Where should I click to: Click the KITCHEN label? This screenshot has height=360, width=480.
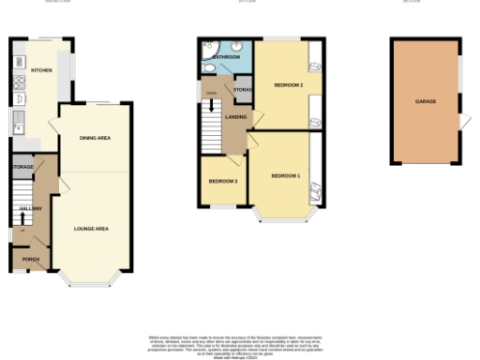click(41, 70)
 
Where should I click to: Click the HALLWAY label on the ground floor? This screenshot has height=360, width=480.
click(30, 209)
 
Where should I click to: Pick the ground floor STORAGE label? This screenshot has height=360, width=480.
click(23, 168)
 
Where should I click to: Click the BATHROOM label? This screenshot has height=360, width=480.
click(226, 58)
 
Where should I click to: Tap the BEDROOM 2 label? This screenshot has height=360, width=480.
click(288, 85)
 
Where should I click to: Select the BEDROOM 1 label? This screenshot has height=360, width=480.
click(285, 176)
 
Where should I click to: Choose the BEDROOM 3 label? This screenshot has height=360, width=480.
click(222, 180)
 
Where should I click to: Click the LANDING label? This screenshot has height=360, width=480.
click(236, 116)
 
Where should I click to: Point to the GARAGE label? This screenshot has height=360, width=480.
click(427, 100)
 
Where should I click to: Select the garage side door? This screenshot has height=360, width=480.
click(464, 122)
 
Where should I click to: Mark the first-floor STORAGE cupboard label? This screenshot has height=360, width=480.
click(242, 90)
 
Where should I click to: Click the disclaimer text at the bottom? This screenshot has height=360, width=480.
click(240, 342)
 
